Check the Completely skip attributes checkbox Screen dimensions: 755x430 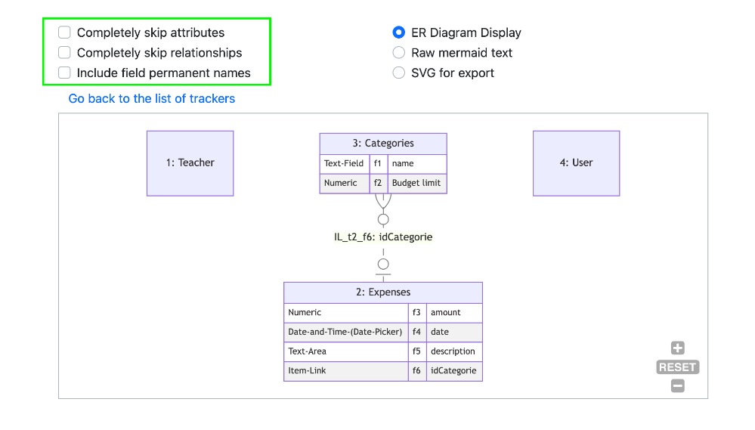pyautogui.click(x=64, y=32)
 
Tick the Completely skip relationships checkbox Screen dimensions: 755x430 pyautogui.click(x=64, y=52)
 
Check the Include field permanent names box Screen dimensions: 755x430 pyautogui.click(x=64, y=73)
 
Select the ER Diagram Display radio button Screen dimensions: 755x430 pyautogui.click(x=399, y=32)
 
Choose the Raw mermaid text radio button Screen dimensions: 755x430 pyautogui.click(x=399, y=52)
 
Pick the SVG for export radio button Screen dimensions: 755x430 pyautogui.click(x=399, y=73)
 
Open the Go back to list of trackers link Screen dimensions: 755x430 pyautogui.click(x=152, y=99)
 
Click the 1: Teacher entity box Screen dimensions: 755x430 pyautogui.click(x=190, y=163)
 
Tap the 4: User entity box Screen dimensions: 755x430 pyautogui.click(x=577, y=163)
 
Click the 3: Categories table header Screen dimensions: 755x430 pyautogui.click(x=383, y=144)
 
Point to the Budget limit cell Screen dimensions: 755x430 pyautogui.click(x=417, y=184)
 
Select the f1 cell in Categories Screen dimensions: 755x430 pyautogui.click(x=378, y=164)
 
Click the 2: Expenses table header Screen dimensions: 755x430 pyautogui.click(x=383, y=292)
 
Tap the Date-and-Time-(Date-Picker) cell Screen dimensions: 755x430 pyautogui.click(x=345, y=333)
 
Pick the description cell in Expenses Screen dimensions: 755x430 pyautogui.click(x=454, y=351)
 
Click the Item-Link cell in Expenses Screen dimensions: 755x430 pyautogui.click(x=345, y=371)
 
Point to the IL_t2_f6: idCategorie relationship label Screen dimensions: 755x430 pyautogui.click(x=383, y=237)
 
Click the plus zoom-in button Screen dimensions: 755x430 pyautogui.click(x=677, y=348)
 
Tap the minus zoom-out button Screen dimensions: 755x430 pyautogui.click(x=677, y=385)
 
